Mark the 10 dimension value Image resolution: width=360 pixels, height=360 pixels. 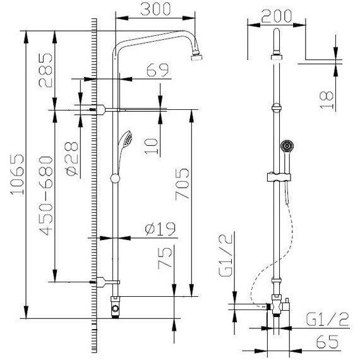click(151, 147)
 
